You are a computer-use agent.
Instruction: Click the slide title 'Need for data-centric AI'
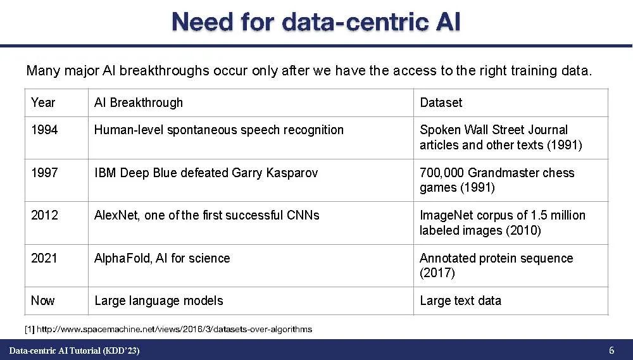click(x=316, y=22)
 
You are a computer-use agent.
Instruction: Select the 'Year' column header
click(x=43, y=102)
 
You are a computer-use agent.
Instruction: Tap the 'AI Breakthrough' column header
click(x=139, y=102)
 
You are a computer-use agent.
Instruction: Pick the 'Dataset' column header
click(x=441, y=102)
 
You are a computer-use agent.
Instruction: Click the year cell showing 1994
click(x=44, y=130)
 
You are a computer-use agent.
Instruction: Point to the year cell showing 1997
click(x=44, y=173)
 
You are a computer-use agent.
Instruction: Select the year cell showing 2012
click(x=44, y=215)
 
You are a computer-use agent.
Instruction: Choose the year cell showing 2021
click(x=44, y=258)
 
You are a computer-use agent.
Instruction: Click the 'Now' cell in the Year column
click(x=43, y=301)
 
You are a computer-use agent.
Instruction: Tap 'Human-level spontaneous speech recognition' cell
click(x=219, y=130)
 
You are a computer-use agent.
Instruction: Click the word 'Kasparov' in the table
click(x=292, y=173)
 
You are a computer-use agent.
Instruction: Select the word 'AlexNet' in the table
click(x=116, y=215)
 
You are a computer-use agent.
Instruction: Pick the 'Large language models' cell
click(x=159, y=301)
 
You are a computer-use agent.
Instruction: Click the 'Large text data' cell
click(x=461, y=301)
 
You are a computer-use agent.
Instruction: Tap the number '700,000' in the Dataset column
click(x=442, y=173)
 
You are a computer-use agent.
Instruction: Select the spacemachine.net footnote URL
click(x=174, y=330)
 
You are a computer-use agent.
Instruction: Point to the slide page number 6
click(x=611, y=350)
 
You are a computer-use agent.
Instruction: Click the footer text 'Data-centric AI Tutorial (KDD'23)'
click(x=74, y=351)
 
